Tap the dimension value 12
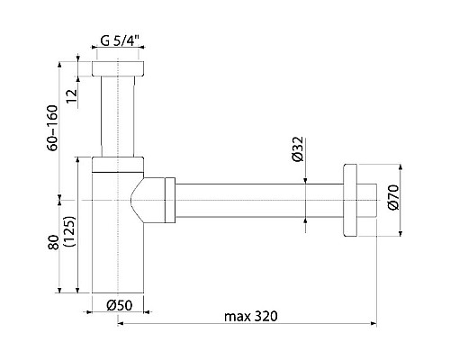point(72,96)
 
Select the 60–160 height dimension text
point(52,128)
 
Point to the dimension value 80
point(54,242)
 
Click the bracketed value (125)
point(70,231)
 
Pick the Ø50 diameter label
point(120,305)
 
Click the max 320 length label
point(251,316)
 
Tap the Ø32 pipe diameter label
point(298,149)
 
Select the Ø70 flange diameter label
point(393,197)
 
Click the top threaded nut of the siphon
point(118,68)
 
